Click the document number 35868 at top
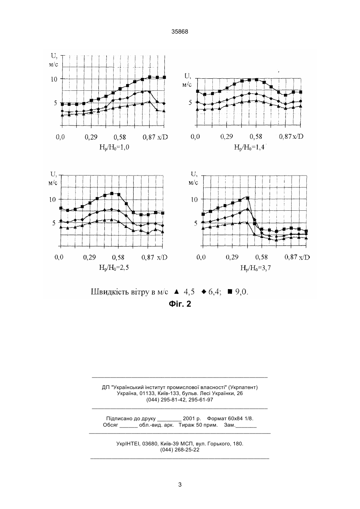(x=180, y=32)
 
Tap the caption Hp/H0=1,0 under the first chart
(x=114, y=147)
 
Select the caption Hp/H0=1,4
(x=249, y=147)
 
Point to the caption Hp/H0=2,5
(x=114, y=267)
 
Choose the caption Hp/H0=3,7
(x=256, y=268)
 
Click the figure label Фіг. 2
(x=180, y=304)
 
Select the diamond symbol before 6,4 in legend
(x=204, y=291)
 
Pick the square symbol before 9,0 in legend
(x=230, y=291)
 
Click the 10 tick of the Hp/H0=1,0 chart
(x=54, y=79)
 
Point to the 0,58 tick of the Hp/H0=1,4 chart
(x=256, y=137)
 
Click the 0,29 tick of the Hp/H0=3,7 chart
(x=232, y=257)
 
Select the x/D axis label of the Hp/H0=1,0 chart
(x=162, y=137)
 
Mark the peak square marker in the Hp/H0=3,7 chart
(x=248, y=198)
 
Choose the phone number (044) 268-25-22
(x=180, y=450)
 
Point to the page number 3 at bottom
(x=180, y=485)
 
